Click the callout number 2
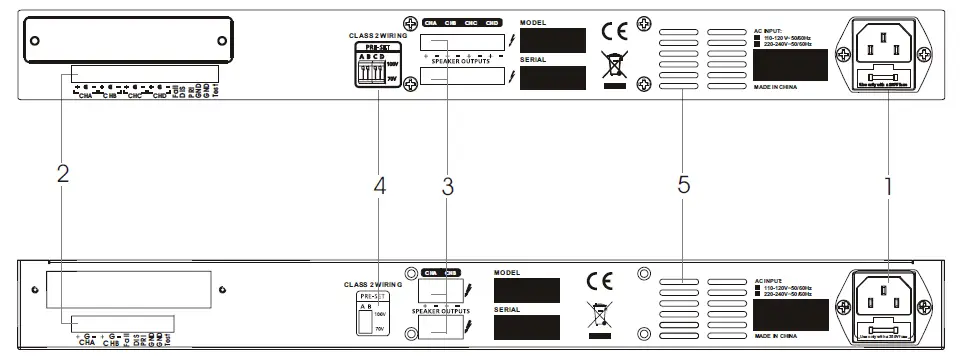[62, 173]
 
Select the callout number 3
[448, 185]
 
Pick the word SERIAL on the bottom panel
[508, 310]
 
